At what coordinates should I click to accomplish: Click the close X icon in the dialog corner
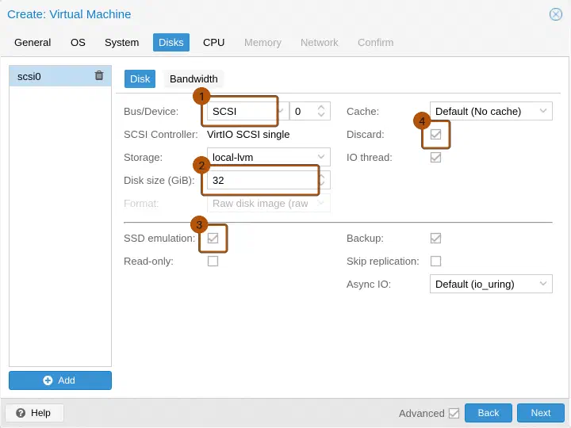[x=556, y=14]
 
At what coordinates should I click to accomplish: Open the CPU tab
[x=214, y=43]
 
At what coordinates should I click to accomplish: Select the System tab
[x=121, y=43]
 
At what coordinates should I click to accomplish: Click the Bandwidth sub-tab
[x=194, y=79]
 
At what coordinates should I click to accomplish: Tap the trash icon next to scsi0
[x=99, y=75]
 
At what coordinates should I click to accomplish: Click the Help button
[x=35, y=413]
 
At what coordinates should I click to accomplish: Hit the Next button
[x=540, y=413]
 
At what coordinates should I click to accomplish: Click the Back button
[x=489, y=413]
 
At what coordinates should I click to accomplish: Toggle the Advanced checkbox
[x=454, y=413]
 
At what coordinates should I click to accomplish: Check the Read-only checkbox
[x=213, y=262]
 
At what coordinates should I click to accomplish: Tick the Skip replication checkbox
[x=435, y=262]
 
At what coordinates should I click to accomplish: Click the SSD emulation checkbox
[x=213, y=239]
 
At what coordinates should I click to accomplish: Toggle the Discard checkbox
[x=435, y=135]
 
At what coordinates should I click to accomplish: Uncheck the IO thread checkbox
[x=435, y=158]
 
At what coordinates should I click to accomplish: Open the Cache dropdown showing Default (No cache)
[x=491, y=111]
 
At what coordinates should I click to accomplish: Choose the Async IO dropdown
[x=491, y=284]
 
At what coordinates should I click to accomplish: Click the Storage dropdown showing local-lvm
[x=268, y=157]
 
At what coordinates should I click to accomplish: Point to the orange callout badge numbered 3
[x=199, y=225]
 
